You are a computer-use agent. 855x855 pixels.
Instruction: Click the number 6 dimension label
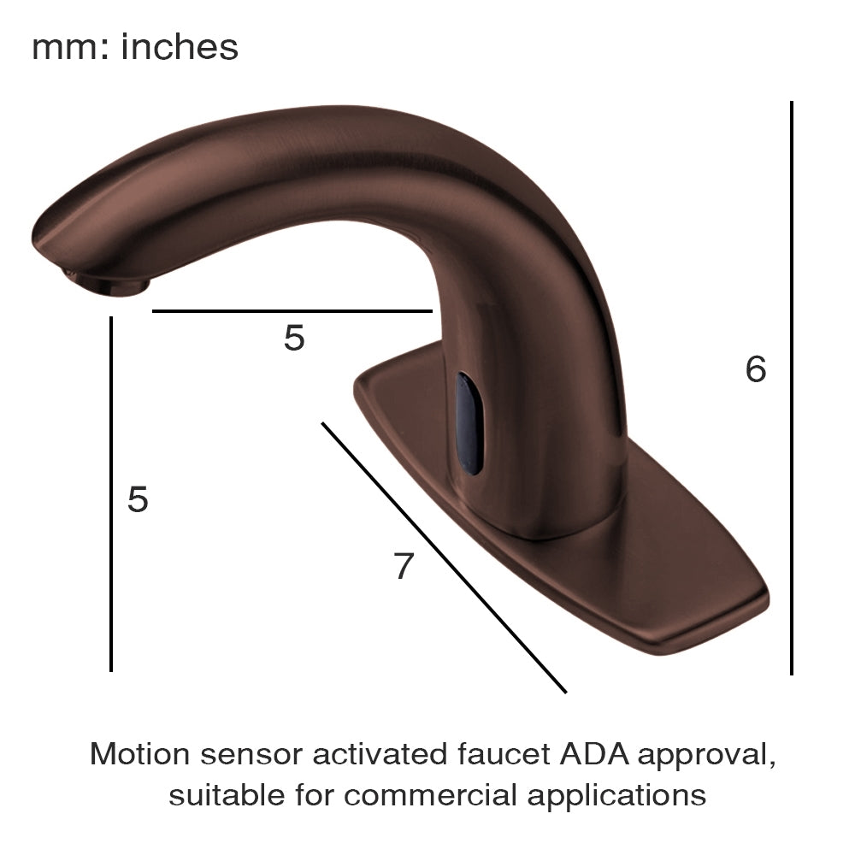756,369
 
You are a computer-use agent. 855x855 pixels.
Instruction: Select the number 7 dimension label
404,566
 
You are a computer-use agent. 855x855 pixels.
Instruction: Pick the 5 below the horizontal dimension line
294,339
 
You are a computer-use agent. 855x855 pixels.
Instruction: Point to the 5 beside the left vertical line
138,498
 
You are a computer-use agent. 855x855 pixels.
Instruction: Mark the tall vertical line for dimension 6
792,385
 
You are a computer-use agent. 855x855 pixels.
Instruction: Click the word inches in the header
180,47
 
